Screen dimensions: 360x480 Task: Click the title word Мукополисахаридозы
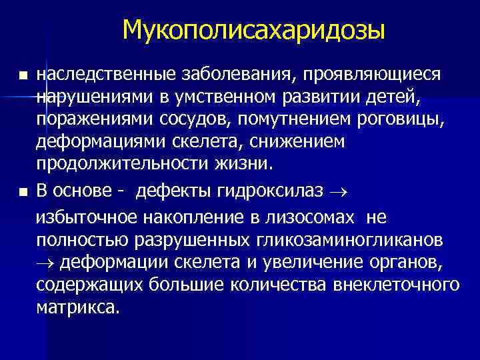254,30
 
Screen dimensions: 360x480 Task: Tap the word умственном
231,98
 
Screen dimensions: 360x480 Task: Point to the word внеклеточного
392,285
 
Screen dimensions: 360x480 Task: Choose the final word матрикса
79,309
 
